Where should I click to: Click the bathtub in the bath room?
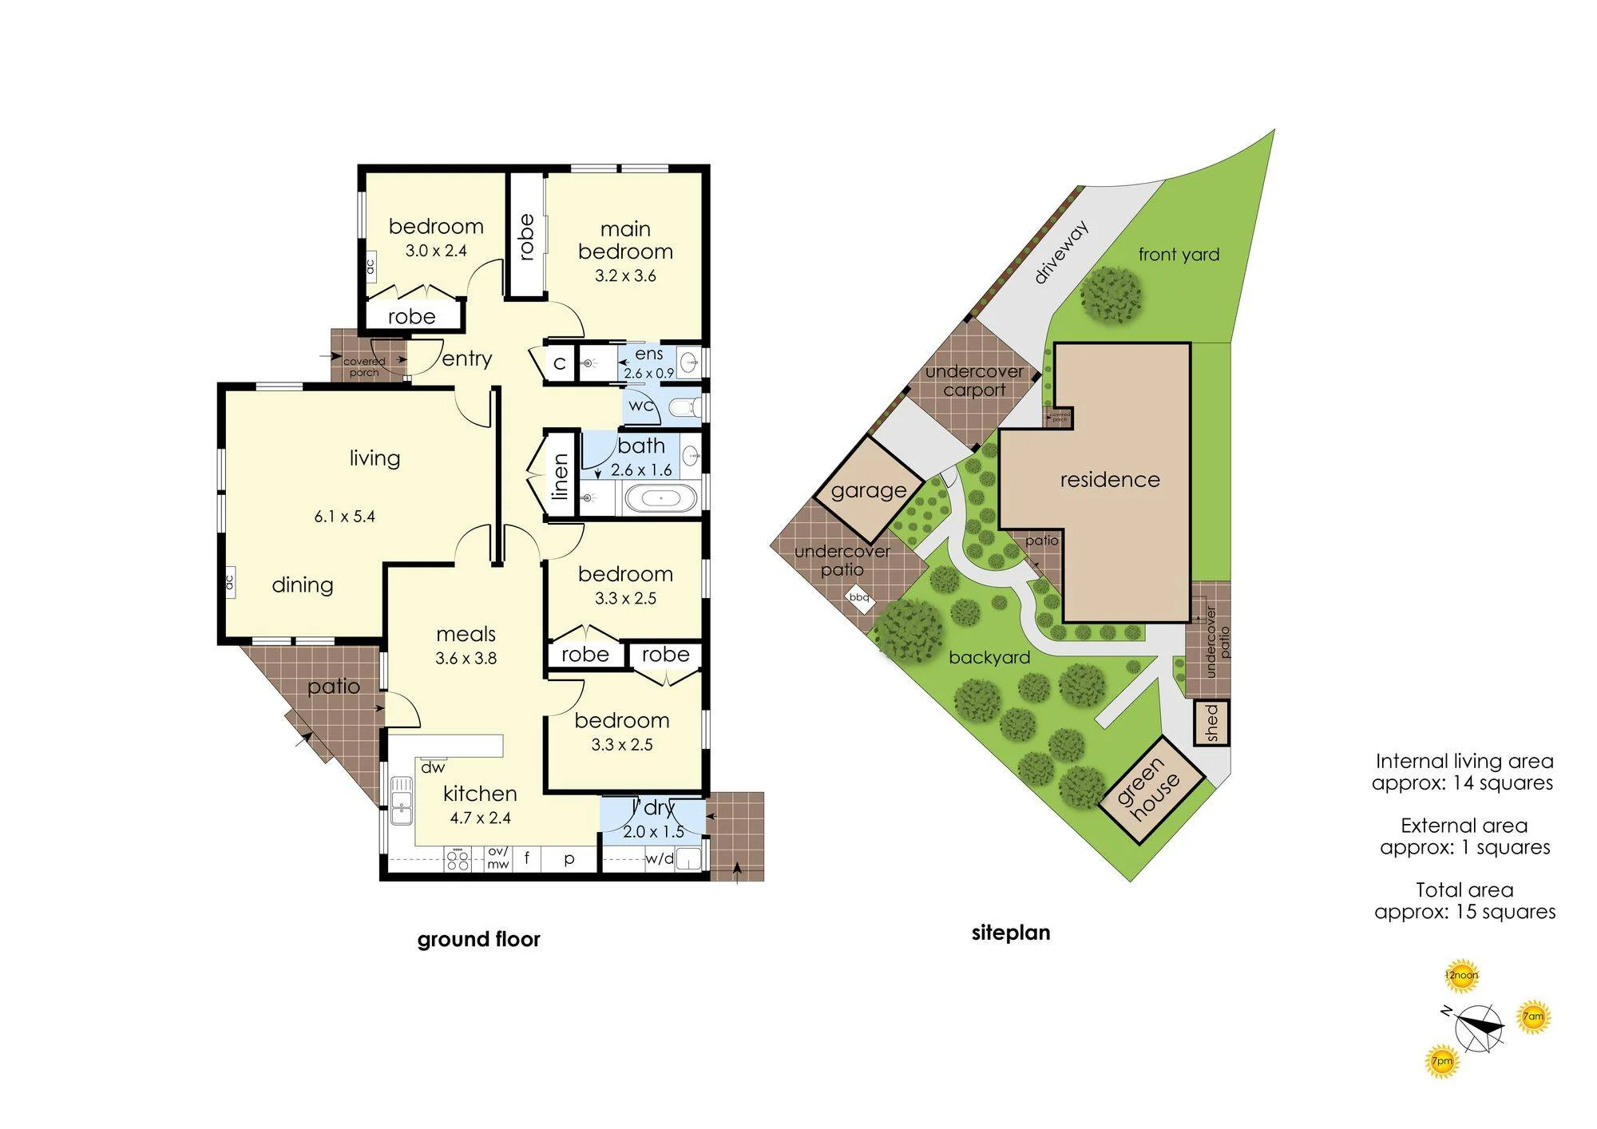[660, 498]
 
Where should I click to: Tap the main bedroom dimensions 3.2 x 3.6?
[625, 275]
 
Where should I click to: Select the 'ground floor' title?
[478, 939]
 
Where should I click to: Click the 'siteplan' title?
[1011, 933]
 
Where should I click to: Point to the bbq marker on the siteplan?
[859, 597]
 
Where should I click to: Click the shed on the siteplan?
[1211, 723]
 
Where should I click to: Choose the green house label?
[1151, 790]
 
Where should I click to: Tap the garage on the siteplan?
[869, 490]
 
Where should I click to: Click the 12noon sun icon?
[1460, 975]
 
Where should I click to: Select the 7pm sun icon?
[1442, 1061]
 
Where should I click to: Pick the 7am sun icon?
[1533, 1016]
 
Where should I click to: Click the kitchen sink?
[401, 801]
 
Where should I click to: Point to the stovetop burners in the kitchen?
[458, 861]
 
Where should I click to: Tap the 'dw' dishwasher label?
[433, 768]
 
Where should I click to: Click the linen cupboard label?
[561, 477]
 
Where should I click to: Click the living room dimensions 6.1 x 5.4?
[344, 517]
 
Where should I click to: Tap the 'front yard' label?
[1179, 255]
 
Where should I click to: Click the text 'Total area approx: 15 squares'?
[1464, 901]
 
